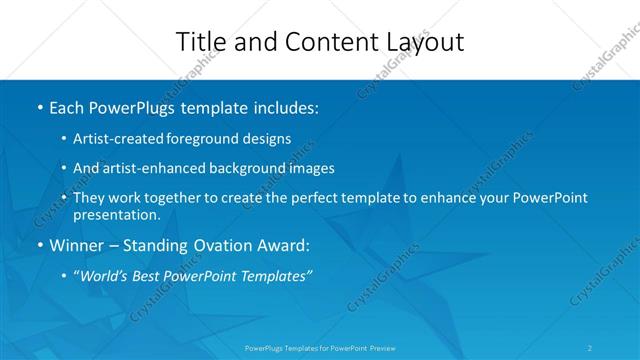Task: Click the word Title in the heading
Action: [199, 42]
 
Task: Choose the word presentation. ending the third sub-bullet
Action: [116, 214]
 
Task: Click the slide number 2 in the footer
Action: [591, 348]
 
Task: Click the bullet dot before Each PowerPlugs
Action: [39, 107]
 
